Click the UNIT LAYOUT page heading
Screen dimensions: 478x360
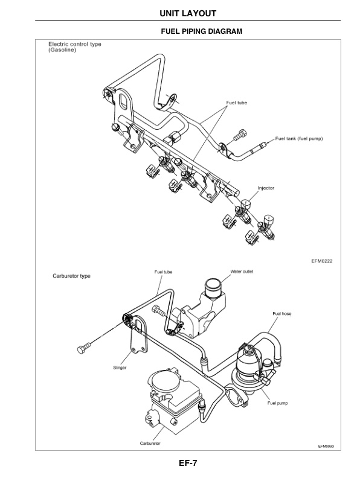tap(179, 13)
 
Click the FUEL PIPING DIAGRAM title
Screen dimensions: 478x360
tap(201, 31)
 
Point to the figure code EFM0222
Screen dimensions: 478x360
tap(323, 261)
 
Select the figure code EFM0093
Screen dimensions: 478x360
tap(326, 447)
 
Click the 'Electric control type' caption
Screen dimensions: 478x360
tap(75, 45)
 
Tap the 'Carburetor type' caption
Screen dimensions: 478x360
tap(68, 276)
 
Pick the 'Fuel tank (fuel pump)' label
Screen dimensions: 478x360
tap(300, 138)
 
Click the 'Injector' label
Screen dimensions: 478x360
tap(266, 188)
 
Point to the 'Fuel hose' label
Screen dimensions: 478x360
tap(281, 313)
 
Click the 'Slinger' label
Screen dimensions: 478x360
tap(120, 368)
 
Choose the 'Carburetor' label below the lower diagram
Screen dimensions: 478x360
tap(150, 443)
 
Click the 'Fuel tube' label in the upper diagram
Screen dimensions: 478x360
tap(236, 103)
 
